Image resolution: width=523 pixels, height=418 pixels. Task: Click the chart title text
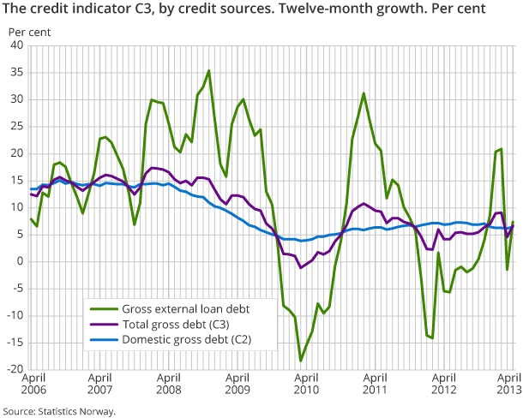click(243, 11)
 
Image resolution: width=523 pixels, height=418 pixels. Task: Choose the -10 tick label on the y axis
click(14, 315)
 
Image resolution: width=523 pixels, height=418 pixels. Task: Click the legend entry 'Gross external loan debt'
click(189, 309)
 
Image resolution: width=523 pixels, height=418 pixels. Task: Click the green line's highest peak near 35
click(208, 71)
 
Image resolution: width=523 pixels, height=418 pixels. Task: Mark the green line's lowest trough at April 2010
click(301, 360)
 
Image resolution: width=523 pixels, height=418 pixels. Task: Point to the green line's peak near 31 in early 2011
click(364, 93)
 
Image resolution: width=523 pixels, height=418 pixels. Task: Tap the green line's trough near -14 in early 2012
click(432, 337)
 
